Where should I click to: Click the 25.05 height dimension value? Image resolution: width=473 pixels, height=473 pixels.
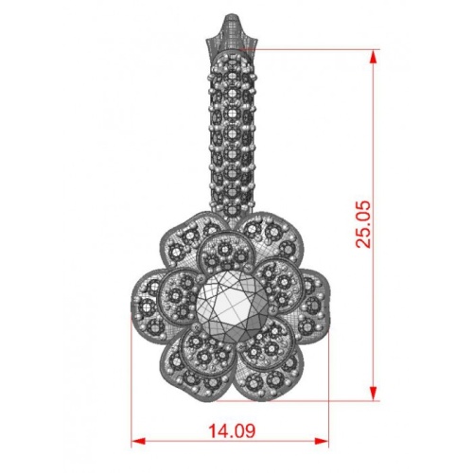pyautogui.click(x=363, y=224)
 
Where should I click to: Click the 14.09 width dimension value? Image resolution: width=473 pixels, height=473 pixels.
pyautogui.click(x=232, y=430)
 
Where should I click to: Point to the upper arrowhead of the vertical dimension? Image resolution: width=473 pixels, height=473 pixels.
pyautogui.click(x=373, y=58)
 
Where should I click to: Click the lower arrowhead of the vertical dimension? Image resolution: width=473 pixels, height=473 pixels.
pyautogui.click(x=373, y=393)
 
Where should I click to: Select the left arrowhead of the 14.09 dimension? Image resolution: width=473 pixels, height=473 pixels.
pyautogui.click(x=138, y=441)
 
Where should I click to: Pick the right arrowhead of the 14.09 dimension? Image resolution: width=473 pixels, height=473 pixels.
pyautogui.click(x=322, y=441)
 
